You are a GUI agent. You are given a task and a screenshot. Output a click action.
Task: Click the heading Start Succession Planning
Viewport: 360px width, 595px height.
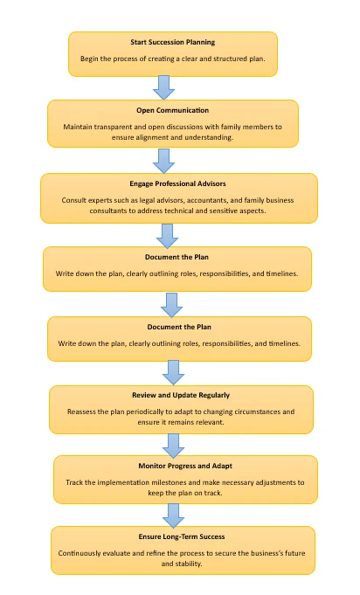pos(173,42)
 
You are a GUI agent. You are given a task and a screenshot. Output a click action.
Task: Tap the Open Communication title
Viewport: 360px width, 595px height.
pos(173,110)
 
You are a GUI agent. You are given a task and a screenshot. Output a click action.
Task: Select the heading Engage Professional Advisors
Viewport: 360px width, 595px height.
pos(177,183)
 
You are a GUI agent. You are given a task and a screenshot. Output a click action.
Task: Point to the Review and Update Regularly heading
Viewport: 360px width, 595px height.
pos(181,395)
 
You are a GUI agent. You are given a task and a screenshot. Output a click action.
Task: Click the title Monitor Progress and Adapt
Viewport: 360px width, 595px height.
pos(185,466)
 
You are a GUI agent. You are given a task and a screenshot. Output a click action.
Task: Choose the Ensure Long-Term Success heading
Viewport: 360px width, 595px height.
pos(182,536)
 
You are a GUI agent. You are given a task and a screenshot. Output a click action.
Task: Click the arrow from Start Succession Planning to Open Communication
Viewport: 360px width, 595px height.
pos(164,87)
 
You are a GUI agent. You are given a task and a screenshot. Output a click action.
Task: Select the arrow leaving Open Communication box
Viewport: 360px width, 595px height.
pos(164,161)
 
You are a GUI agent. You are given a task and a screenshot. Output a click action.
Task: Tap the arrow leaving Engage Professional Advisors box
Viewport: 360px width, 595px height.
pos(167,236)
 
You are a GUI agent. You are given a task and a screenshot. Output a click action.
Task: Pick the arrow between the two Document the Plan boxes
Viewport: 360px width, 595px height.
pos(172,305)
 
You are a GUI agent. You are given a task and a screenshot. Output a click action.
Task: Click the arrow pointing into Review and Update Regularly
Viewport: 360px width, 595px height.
pos(173,372)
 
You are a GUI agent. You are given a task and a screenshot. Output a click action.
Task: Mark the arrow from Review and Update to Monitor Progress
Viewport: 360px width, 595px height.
pos(173,446)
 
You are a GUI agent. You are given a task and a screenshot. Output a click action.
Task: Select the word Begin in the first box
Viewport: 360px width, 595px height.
pos(89,59)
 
